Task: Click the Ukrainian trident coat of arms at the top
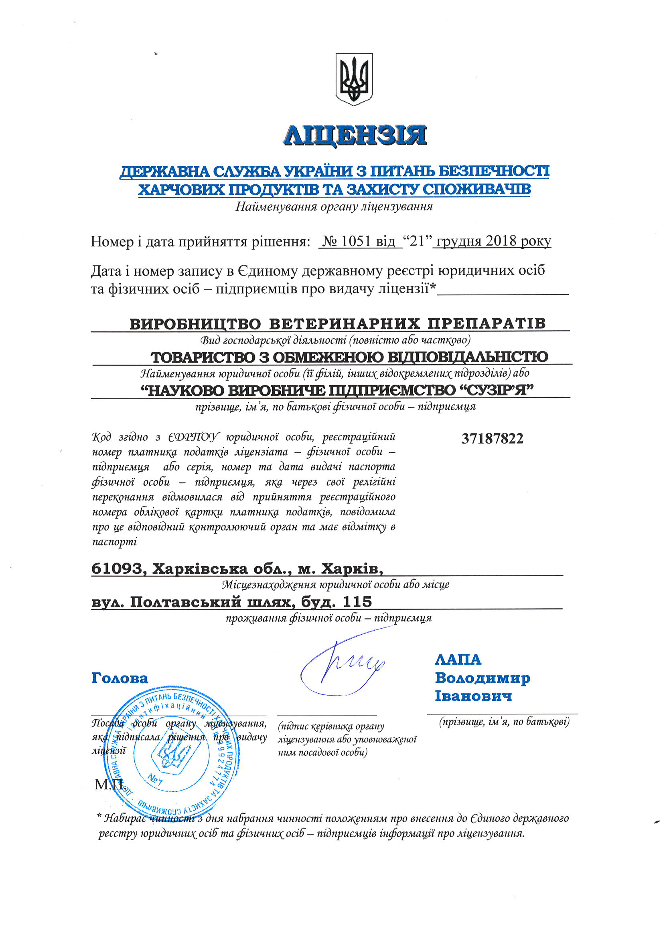[354, 79]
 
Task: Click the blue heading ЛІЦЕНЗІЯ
[355, 135]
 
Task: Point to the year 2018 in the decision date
[501, 241]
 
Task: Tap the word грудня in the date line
[458, 242]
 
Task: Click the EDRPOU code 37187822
[492, 439]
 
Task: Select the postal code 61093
[116, 569]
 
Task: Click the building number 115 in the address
[357, 602]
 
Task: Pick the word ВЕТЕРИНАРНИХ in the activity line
[344, 323]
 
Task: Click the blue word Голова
[120, 678]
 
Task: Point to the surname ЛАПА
[458, 660]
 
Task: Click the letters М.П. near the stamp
[109, 784]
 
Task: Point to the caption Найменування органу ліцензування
[334, 207]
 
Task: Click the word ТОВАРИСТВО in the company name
[203, 357]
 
